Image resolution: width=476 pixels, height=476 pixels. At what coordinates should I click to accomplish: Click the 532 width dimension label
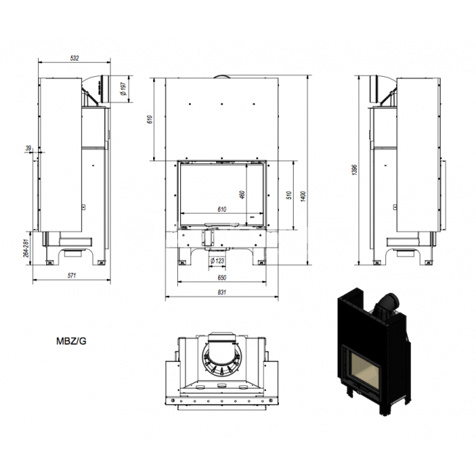(x=75, y=58)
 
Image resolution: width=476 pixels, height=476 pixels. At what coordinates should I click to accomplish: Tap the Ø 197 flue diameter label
(x=123, y=89)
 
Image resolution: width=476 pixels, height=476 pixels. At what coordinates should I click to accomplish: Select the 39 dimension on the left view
(x=29, y=148)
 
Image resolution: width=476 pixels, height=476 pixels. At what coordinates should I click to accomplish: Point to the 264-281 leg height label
(x=26, y=248)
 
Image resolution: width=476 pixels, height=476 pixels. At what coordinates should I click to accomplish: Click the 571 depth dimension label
(x=72, y=275)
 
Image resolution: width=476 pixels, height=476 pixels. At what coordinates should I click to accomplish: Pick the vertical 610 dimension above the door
(x=149, y=119)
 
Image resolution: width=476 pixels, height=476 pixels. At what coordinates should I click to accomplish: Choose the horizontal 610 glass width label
(x=222, y=209)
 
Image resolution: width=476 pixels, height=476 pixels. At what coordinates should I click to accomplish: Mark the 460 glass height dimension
(x=242, y=195)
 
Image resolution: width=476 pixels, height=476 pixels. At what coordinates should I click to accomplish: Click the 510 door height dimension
(x=289, y=195)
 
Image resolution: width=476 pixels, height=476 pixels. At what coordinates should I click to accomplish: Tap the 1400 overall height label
(x=303, y=196)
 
